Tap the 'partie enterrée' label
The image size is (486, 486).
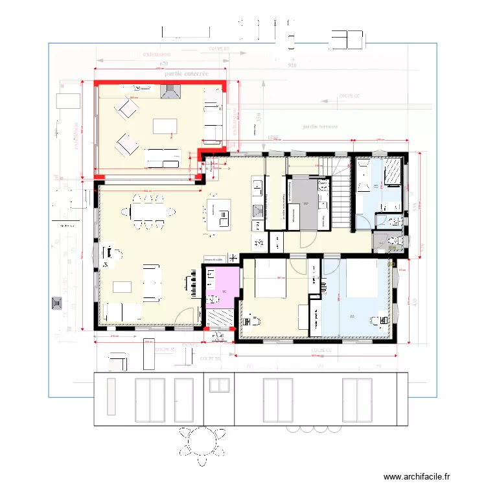[x=187, y=74]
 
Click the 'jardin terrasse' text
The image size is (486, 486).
[x=320, y=127]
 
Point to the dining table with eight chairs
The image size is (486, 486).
[x=148, y=212]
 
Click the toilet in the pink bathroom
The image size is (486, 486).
[x=212, y=300]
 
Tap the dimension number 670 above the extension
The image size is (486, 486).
[x=163, y=64]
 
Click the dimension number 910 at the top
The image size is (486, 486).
[x=292, y=65]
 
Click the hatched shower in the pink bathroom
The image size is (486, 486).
[x=218, y=318]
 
